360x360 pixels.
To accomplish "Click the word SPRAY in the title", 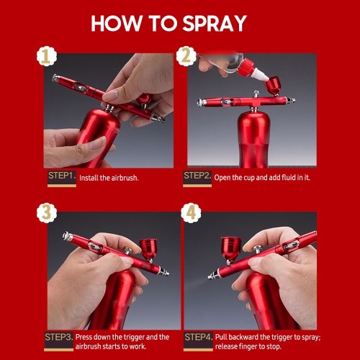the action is [x=215, y=23].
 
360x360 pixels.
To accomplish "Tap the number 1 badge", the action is [x=47, y=57].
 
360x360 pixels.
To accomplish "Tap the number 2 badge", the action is [x=186, y=56].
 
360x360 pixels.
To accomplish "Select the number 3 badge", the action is [x=47, y=213].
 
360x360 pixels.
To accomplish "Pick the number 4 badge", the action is [x=191, y=213].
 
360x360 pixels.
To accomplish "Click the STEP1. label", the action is [x=62, y=176].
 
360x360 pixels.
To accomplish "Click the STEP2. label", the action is [x=197, y=176].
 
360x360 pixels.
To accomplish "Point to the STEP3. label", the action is [x=59, y=337].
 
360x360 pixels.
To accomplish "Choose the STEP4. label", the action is [x=198, y=337].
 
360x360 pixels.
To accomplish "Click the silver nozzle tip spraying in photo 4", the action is [x=213, y=274].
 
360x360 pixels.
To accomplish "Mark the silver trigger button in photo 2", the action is [x=256, y=94].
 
